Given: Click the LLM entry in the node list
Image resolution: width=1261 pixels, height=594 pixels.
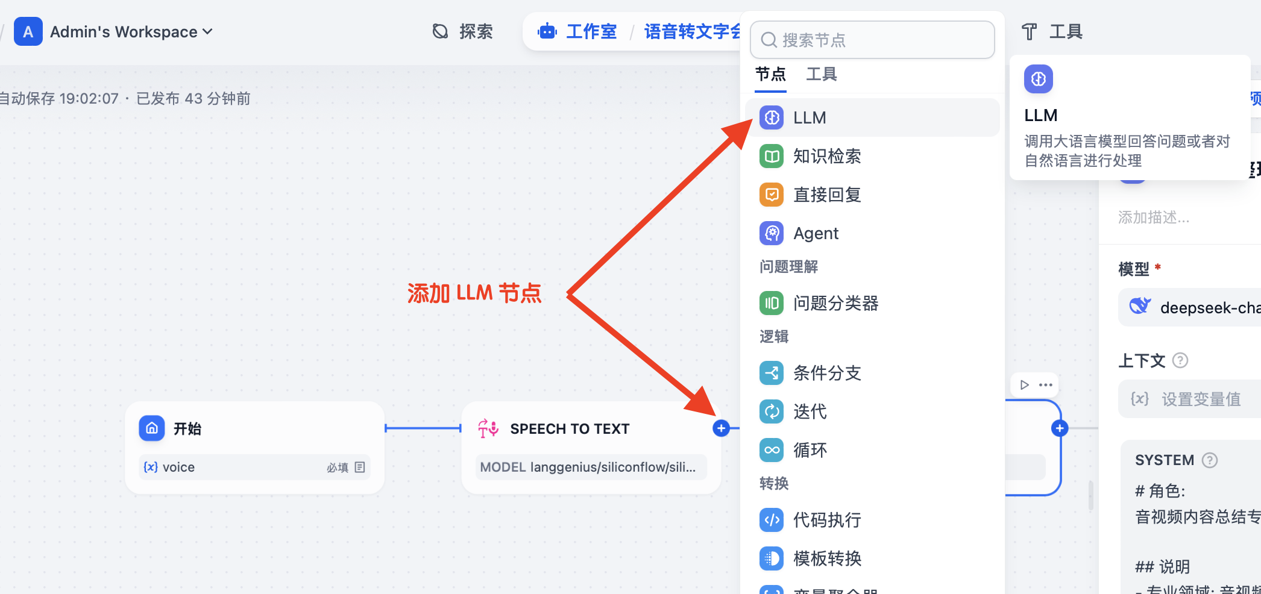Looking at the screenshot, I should pyautogui.click(x=809, y=117).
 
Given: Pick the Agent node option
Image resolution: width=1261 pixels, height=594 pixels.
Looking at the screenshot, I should pyautogui.click(x=815, y=233).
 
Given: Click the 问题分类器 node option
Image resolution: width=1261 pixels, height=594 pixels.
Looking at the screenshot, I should pyautogui.click(x=835, y=303).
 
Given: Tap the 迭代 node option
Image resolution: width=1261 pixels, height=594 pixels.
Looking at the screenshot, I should pyautogui.click(x=810, y=411).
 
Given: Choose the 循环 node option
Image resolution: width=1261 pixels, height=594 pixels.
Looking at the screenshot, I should pyautogui.click(x=810, y=450).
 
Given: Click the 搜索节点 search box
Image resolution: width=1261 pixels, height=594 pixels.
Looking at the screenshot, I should pyautogui.click(x=872, y=40).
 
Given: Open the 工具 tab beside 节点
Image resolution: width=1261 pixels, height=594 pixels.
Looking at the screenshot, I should pyautogui.click(x=821, y=74).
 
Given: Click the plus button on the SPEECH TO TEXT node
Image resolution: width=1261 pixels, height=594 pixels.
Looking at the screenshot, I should pyautogui.click(x=721, y=428).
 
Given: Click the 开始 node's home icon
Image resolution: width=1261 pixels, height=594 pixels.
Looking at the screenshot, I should pyautogui.click(x=152, y=428).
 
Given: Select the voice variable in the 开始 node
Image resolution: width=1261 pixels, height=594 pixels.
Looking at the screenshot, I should pyautogui.click(x=178, y=467).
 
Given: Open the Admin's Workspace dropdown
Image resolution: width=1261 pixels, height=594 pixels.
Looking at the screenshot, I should pyautogui.click(x=131, y=32).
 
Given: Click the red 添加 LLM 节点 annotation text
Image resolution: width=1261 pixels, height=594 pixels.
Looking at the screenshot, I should pyautogui.click(x=474, y=293).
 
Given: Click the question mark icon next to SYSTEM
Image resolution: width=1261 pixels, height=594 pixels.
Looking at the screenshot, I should pyautogui.click(x=1209, y=460).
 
